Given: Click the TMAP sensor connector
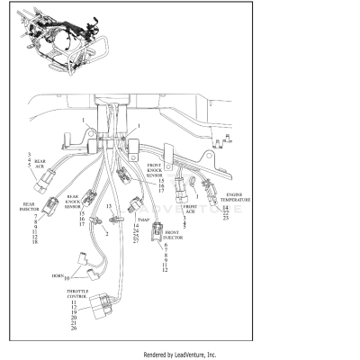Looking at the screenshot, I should tap(135, 202).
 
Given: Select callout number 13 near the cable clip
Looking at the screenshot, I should tap(110, 206).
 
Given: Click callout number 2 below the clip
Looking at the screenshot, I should tap(106, 233).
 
